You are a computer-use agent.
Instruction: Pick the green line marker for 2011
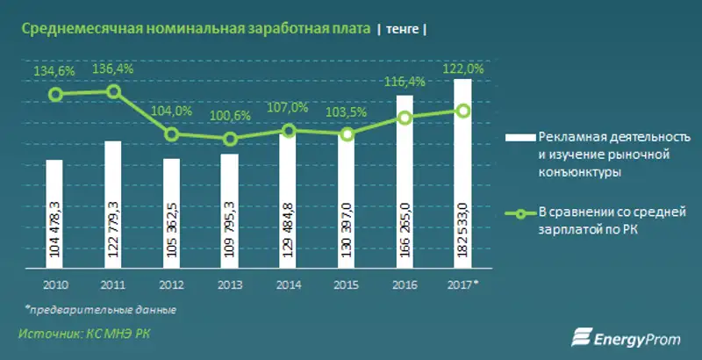[x=113, y=91]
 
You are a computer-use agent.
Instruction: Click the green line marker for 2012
[x=172, y=134]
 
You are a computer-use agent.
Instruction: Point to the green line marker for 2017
[x=463, y=111]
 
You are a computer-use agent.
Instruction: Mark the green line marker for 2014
[x=288, y=130]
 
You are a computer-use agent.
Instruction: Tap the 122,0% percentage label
[x=463, y=69]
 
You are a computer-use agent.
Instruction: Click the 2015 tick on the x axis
[x=346, y=285]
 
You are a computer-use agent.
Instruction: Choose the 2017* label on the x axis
[x=464, y=285]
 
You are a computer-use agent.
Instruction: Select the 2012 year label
[x=171, y=285]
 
